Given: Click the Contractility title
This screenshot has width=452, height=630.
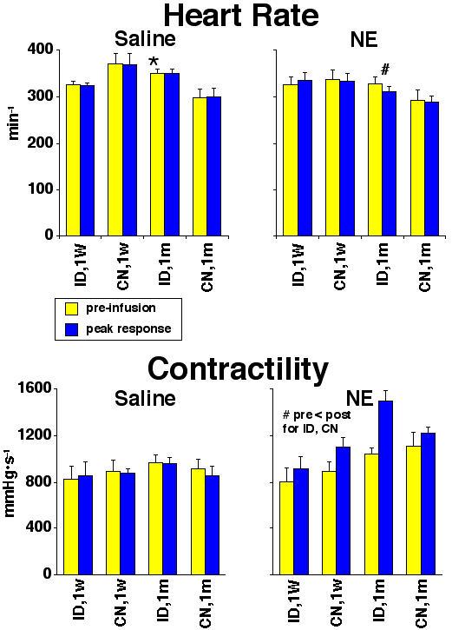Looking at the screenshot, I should [238, 368].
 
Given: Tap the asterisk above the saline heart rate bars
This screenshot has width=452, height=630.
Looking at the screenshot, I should [154, 63].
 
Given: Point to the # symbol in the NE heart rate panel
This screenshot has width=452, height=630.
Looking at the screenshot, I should [384, 70].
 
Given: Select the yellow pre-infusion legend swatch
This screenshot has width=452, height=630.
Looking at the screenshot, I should [72, 307].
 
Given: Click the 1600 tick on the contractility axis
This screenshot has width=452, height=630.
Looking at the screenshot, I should [33, 388].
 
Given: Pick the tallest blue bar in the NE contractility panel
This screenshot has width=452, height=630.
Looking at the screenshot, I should [385, 487].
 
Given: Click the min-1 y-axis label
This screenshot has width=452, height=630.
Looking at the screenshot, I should [14, 143].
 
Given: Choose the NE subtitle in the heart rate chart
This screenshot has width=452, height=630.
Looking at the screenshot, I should [361, 40].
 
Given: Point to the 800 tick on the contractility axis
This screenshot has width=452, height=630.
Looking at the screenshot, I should [36, 481].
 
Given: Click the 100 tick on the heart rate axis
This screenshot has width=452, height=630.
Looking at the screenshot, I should [36, 189].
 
